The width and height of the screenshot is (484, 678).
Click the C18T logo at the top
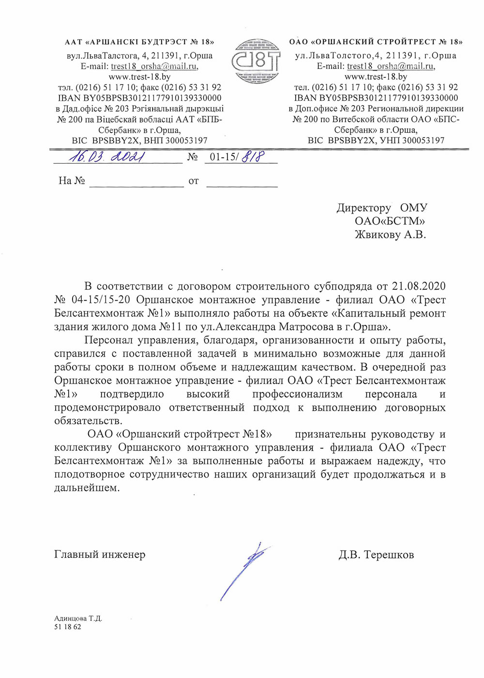pos(256,61)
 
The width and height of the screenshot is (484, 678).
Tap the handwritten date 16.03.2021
pos(107,157)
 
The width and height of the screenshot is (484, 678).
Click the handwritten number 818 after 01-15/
pos(253,157)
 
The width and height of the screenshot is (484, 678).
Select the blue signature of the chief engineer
pos(244,571)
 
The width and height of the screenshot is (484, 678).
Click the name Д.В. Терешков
pos(376,555)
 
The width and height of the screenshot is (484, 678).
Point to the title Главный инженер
pos(100,555)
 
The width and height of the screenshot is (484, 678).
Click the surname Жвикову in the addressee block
pos(378,235)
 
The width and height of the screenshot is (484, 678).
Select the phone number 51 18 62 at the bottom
pos(68,627)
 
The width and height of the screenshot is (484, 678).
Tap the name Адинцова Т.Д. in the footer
pos(78,618)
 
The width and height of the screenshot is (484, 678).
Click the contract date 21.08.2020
pos(419,286)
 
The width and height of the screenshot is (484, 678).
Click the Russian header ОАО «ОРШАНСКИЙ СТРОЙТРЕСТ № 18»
pos(376,42)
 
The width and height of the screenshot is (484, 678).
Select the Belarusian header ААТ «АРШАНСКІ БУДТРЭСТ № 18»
pos(139,42)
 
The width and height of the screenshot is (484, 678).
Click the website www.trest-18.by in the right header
pos(376,77)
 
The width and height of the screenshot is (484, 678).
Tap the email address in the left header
pos(154,66)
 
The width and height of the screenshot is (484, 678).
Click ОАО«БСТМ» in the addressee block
pos(390,221)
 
